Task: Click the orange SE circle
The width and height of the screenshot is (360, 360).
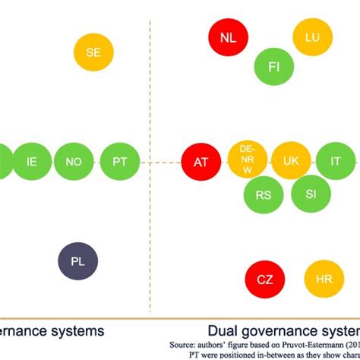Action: point(93,52)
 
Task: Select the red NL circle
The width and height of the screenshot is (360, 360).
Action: point(228,37)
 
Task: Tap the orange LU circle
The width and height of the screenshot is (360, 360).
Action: point(312,37)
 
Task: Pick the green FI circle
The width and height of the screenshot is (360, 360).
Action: point(274,67)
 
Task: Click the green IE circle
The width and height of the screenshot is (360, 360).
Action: point(32,162)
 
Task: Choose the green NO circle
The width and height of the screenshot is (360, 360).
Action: point(74,162)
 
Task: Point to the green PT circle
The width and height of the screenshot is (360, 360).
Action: point(120,162)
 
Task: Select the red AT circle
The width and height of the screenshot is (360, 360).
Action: point(201,162)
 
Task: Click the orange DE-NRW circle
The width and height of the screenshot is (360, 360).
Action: point(246,161)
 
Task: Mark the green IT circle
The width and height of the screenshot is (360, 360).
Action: point(334,162)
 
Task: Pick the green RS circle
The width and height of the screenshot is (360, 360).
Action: point(264,194)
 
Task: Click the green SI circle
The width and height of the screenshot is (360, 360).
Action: point(311,194)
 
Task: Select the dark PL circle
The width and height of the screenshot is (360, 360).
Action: point(78,261)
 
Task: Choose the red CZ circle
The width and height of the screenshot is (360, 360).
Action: point(264,279)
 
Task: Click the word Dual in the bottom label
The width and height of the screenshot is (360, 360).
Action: point(225,331)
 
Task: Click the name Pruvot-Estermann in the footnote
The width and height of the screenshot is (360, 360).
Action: point(319,343)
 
